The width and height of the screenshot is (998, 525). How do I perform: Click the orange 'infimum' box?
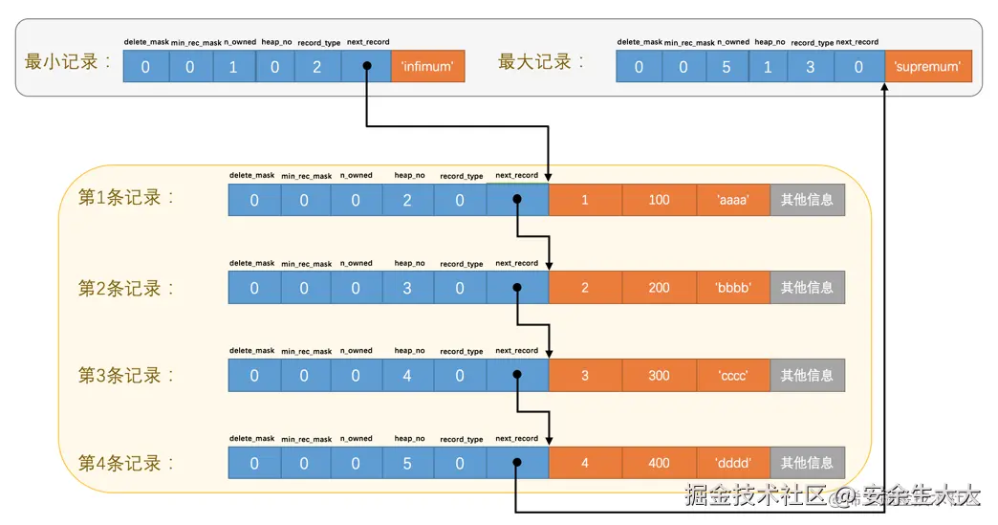click(x=427, y=67)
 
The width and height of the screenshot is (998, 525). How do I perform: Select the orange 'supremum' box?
click(x=927, y=67)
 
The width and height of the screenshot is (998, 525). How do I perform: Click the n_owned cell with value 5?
click(x=726, y=67)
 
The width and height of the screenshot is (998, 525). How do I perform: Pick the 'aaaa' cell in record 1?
click(x=733, y=200)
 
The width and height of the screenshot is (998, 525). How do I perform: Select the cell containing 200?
click(x=659, y=288)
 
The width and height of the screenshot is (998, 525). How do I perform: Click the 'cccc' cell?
click(x=733, y=376)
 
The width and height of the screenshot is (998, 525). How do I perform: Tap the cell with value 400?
click(x=659, y=464)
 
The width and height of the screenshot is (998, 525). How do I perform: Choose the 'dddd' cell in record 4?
click(x=733, y=464)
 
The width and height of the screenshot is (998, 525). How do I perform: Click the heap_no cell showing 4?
click(x=407, y=376)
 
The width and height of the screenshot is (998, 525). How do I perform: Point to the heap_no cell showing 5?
click(x=407, y=464)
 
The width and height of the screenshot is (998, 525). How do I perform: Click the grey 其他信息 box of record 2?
click(x=807, y=288)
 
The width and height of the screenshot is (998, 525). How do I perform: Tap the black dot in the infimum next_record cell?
click(x=366, y=68)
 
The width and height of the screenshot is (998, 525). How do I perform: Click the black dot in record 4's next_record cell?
click(x=516, y=464)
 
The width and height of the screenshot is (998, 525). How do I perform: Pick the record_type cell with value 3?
click(x=811, y=67)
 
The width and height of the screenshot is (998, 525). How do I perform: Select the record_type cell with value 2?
click(x=317, y=67)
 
